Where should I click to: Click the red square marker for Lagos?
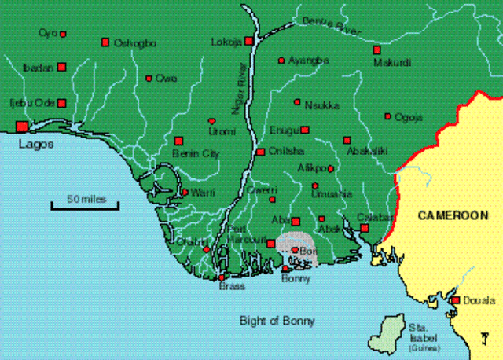point(20,126)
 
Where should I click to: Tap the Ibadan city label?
point(38,68)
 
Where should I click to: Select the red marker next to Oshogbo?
point(105,42)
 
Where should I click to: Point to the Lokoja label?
point(226,42)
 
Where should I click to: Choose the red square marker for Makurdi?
point(376,50)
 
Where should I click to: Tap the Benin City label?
point(200,154)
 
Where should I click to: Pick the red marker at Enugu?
point(305,130)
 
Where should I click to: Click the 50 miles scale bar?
point(84,207)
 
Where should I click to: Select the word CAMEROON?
point(453,215)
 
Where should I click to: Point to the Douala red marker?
point(455,300)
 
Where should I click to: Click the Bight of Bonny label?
point(277,321)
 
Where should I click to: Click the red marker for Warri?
point(185,192)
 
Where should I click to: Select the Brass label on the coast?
point(232,287)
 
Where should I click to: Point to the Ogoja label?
point(409,117)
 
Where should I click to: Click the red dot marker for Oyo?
point(63,34)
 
